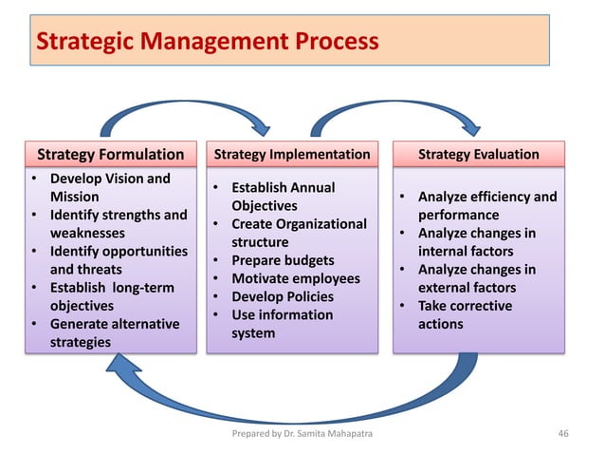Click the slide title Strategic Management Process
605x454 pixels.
tap(206, 42)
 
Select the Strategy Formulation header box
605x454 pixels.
tap(110, 154)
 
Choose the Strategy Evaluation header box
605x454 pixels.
tap(478, 154)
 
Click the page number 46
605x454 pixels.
tap(566, 435)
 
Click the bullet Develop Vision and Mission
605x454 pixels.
tap(109, 187)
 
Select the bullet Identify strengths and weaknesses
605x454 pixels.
tap(117, 223)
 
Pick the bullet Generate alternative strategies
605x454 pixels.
tap(113, 332)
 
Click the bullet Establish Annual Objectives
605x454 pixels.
tap(283, 197)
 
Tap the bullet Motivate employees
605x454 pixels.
tap(295, 278)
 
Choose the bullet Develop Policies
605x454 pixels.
tap(282, 296)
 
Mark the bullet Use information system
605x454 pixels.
tap(281, 324)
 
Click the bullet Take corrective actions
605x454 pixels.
tap(464, 314)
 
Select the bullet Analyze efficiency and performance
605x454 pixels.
tap(486, 206)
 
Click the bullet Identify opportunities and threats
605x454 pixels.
tap(118, 260)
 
